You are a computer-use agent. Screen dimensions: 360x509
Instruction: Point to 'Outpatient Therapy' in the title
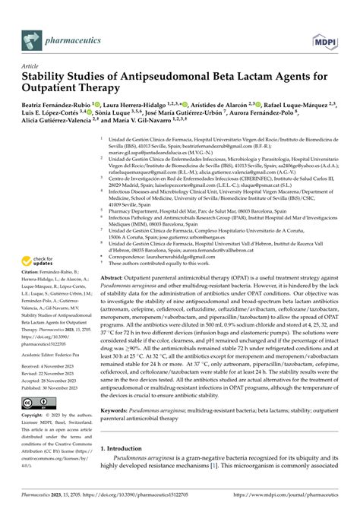click(x=74, y=90)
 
